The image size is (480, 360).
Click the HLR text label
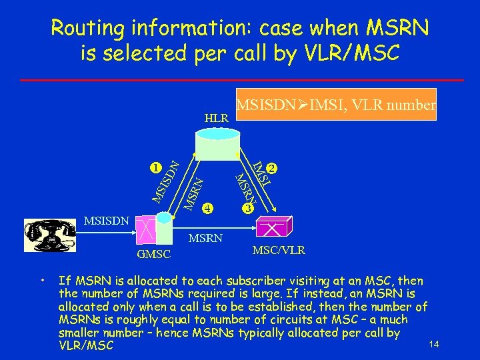coord(216,118)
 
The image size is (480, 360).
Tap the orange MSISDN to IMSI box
coord(336,105)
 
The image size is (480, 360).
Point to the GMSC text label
coord(154,255)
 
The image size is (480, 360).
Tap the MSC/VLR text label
coord(279,251)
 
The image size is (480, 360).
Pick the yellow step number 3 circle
coord(247,208)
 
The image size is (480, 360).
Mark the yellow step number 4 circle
coord(208,207)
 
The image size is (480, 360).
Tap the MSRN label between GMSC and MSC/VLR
coord(206,238)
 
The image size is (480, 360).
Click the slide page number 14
coord(435,344)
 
